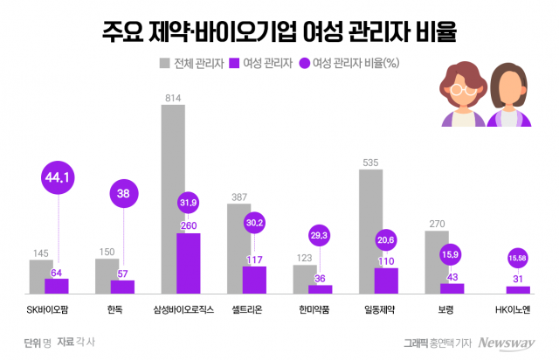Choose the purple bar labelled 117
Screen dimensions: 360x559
click(254, 279)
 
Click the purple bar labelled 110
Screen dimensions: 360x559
click(386, 280)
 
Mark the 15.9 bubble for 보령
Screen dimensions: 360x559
click(452, 256)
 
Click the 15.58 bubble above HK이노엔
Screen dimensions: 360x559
click(518, 257)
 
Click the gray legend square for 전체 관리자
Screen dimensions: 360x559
click(164, 63)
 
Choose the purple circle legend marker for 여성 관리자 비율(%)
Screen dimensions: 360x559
click(304, 63)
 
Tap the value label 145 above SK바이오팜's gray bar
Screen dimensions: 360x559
click(40, 253)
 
